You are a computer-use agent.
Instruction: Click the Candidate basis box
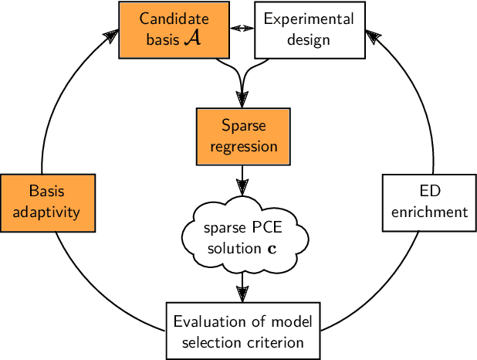pyautogui.click(x=174, y=29)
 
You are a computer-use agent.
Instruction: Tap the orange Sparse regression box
pyautogui.click(x=243, y=136)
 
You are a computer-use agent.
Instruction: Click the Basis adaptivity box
pyautogui.click(x=48, y=202)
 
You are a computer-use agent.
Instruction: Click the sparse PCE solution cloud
pyautogui.click(x=242, y=239)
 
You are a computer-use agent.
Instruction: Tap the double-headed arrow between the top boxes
pyautogui.click(x=243, y=28)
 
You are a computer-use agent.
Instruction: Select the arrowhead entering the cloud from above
pyautogui.click(x=243, y=187)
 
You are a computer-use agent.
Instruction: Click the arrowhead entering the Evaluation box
pyautogui.click(x=243, y=294)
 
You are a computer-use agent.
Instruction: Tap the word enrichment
pyautogui.click(x=429, y=211)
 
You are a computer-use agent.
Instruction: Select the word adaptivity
pyautogui.click(x=48, y=211)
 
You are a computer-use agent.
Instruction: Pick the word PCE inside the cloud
pyautogui.click(x=259, y=229)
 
